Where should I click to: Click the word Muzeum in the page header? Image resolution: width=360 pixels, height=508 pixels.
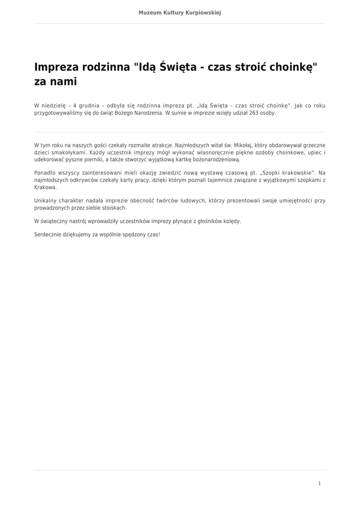coord(148,12)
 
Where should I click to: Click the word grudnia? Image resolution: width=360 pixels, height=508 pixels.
coord(89,106)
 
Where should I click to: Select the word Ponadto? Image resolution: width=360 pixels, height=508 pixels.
coord(44,173)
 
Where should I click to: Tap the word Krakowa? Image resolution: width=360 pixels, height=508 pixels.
coord(46,188)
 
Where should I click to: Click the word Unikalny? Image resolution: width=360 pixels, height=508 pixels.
coord(45,201)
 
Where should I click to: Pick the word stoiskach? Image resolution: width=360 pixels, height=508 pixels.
coord(114,208)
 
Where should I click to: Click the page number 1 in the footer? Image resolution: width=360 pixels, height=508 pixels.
coord(319,483)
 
